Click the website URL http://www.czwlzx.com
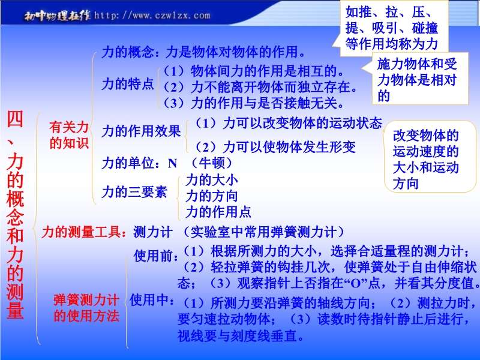pos(152,16)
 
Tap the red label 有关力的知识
pos(69,135)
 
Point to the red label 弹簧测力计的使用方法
pos(86,308)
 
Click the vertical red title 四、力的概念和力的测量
pos(15,215)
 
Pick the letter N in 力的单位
pos(172,164)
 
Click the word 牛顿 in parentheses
pos(212,163)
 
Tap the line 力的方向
pos(212,196)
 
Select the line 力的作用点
pos(218,212)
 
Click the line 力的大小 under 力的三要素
pos(212,180)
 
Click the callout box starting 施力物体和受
pos(421,79)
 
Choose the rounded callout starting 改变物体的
pos(430,157)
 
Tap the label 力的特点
pos(128,84)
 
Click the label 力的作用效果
pos(141,131)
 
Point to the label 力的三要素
pos(134,192)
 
